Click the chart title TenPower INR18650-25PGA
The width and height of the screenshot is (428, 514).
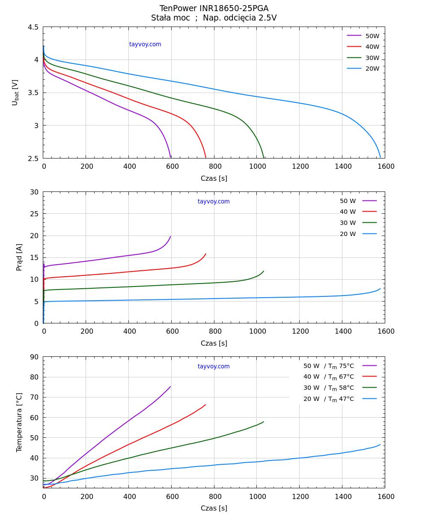click(214, 9)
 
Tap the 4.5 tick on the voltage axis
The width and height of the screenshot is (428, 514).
click(33, 27)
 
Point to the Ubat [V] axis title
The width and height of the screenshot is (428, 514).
click(15, 93)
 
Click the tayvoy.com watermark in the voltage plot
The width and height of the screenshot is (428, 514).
click(145, 44)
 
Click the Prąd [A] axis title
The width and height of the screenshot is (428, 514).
click(19, 257)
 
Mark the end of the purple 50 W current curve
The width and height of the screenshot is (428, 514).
click(170, 236)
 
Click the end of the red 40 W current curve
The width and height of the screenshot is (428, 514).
click(206, 254)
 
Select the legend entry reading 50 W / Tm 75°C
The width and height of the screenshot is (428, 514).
click(329, 366)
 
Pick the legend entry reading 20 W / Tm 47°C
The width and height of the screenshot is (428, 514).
click(329, 399)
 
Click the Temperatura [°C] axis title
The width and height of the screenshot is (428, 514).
click(19, 422)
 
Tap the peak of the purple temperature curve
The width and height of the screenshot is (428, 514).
click(170, 387)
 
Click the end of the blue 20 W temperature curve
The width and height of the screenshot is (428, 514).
click(380, 445)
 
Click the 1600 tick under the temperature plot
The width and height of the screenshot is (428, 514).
click(386, 496)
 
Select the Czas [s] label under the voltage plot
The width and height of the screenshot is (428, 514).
click(214, 179)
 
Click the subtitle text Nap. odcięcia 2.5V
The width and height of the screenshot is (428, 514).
click(240, 18)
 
